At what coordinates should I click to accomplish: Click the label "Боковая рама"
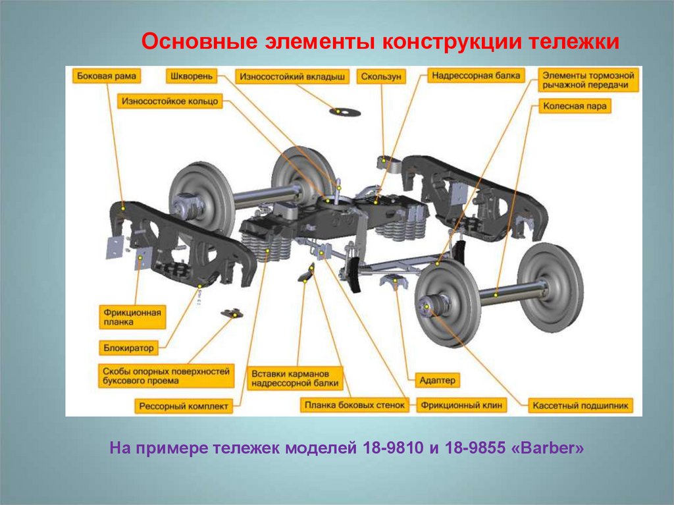point(107,76)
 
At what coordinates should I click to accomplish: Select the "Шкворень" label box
point(192,76)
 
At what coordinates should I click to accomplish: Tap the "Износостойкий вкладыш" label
point(292,77)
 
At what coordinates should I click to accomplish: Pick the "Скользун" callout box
point(381,77)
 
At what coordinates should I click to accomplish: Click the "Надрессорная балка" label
point(476,76)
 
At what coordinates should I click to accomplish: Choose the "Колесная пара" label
point(575,106)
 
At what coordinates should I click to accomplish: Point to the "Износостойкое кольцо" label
point(170,101)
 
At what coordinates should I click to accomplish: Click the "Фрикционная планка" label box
point(132,317)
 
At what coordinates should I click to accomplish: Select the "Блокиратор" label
point(128,348)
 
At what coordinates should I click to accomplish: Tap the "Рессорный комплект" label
point(184,406)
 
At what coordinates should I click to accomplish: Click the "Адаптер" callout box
point(437,381)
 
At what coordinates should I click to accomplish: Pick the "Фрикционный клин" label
point(461,405)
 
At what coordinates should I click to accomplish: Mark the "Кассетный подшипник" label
point(581,405)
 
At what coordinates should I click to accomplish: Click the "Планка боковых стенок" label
point(355,405)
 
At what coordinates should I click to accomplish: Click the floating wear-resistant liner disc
point(345,113)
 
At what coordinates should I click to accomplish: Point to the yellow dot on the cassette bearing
point(427,306)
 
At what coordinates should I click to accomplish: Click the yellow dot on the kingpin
point(339,188)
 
